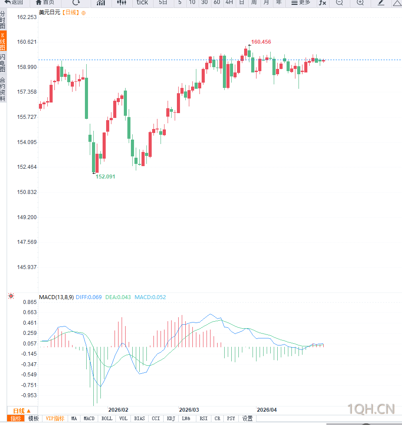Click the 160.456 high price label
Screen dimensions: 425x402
(261, 42)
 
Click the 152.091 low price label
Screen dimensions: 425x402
(105, 176)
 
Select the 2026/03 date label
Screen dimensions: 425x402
(189, 410)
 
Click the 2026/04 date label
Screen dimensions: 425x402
(267, 410)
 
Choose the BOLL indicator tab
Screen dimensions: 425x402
(107, 418)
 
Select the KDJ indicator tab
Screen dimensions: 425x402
(171, 418)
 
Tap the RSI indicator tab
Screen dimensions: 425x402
(203, 418)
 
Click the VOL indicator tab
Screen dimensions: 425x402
(123, 418)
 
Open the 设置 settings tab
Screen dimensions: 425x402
(247, 418)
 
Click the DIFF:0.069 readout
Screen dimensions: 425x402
(88, 297)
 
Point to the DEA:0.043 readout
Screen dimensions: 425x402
(118, 297)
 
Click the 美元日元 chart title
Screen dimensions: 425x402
(50, 12)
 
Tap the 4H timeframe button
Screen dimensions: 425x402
(229, 2)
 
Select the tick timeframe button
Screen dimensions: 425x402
(142, 2)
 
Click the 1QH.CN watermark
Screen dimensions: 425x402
(371, 409)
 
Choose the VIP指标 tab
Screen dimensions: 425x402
(55, 418)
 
